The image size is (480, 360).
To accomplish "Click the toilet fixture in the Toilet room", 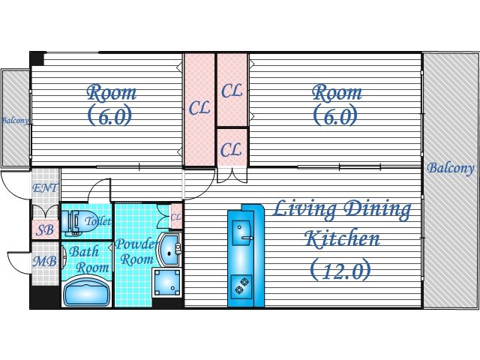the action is (x=73, y=222).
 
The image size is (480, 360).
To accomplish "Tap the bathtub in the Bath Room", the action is (x=87, y=291).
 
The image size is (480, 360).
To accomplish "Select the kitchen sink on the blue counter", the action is (x=242, y=233).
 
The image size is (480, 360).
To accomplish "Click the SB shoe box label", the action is (x=45, y=230).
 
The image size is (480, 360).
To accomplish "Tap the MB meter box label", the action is (x=45, y=262).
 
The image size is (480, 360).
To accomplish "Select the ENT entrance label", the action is (x=45, y=188).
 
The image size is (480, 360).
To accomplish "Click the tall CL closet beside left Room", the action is (x=199, y=109).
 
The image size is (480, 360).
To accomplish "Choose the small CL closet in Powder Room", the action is (x=176, y=217).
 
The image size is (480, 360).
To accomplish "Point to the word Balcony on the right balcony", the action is (x=450, y=168).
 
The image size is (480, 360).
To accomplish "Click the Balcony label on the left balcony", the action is (x=15, y=120).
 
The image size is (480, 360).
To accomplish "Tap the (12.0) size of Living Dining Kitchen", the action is (x=340, y=271).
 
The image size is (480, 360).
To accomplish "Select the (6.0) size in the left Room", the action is (x=110, y=115).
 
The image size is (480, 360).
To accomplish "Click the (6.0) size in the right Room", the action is (x=335, y=115).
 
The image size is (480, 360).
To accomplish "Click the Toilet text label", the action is (x=97, y=221).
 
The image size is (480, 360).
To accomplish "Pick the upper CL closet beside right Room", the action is (x=232, y=90).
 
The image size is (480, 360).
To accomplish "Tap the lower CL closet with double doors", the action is (x=232, y=148).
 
